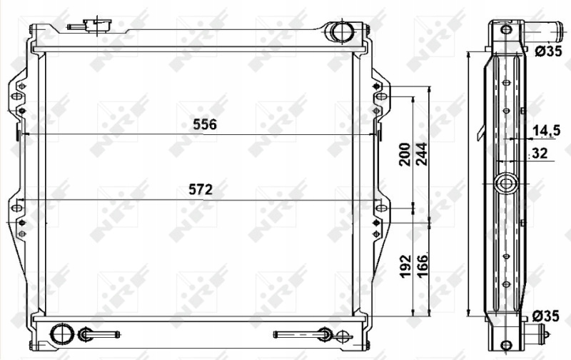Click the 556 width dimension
(204, 124)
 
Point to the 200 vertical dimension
(403, 154)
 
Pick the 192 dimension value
(403, 266)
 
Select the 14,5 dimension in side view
(546, 130)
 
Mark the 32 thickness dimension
(540, 152)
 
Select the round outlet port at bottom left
(63, 334)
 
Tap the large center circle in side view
(506, 184)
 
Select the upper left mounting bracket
(19, 96)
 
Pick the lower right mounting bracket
(380, 218)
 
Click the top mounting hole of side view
(505, 30)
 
